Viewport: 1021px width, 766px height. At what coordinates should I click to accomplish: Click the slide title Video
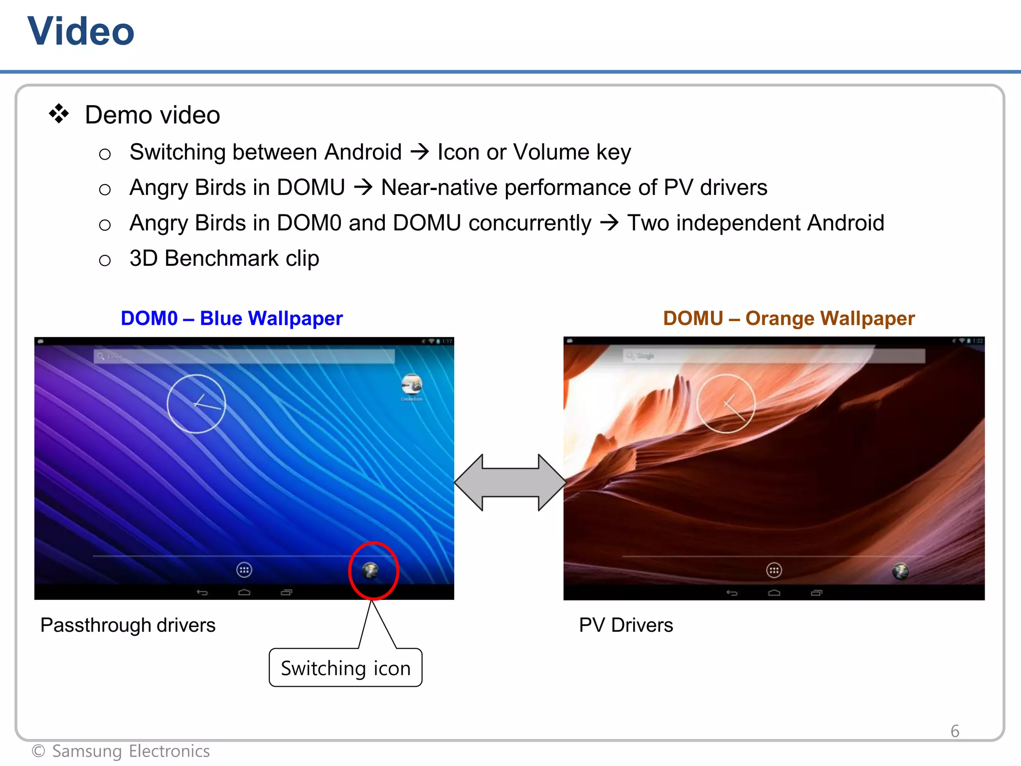coord(81,31)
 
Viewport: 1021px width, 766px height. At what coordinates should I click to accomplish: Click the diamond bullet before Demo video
coord(59,114)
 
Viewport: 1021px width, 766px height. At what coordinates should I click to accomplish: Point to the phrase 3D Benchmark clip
coord(224,258)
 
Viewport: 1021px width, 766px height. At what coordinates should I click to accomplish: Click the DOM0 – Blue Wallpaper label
coord(231,318)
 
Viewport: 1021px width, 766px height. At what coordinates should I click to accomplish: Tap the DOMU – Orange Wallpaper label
coord(789,318)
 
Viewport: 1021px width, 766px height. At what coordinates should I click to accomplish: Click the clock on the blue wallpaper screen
coord(196,403)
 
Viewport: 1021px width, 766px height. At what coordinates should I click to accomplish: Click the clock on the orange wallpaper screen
coord(726,403)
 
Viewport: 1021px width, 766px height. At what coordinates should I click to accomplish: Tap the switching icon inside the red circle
coord(371,570)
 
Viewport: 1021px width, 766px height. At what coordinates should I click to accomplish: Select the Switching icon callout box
coord(345,668)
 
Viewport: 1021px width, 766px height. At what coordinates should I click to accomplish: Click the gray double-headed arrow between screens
coord(510,482)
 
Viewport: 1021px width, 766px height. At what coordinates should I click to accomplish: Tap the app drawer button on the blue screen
coord(244,570)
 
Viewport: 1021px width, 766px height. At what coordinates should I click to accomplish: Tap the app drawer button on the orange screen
coord(774,570)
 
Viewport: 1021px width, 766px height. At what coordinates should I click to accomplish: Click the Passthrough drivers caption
coord(128,625)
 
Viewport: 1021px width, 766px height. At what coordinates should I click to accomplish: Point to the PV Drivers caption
coord(626,625)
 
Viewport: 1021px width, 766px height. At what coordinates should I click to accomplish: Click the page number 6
coord(955,731)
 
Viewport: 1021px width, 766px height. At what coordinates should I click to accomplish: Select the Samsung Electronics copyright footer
coord(121,751)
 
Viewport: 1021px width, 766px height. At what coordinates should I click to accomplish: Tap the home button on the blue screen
coord(244,592)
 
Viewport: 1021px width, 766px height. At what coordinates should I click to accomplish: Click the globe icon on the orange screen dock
coord(900,571)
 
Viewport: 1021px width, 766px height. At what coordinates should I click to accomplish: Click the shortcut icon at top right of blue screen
coord(412,385)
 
